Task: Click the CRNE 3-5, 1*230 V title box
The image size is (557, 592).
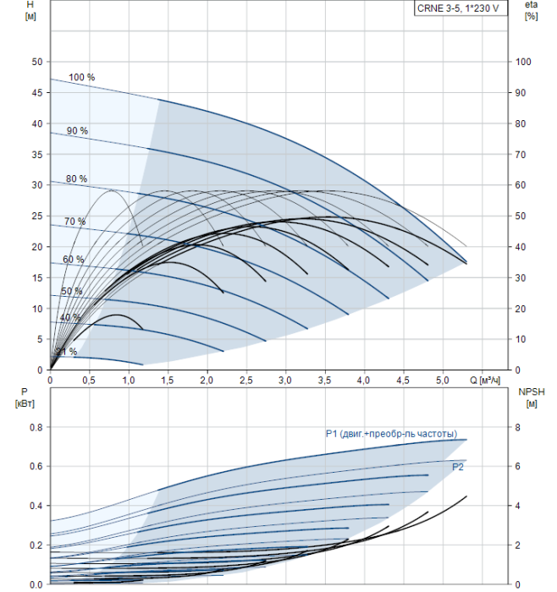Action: [x=460, y=8]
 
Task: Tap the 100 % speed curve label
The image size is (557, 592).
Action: [x=81, y=78]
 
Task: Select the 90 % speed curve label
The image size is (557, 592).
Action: [x=78, y=131]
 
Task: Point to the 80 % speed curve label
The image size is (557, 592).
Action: [x=77, y=178]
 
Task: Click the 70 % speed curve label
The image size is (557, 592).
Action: [x=74, y=222]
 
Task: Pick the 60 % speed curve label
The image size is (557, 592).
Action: [x=74, y=260]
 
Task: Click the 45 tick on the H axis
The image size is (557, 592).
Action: [x=37, y=92]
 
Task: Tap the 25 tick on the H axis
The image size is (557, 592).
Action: [x=37, y=216]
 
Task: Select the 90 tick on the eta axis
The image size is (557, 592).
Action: [x=521, y=92]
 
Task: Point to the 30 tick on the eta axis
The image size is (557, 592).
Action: [x=521, y=277]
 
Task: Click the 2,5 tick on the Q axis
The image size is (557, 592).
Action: [x=246, y=381]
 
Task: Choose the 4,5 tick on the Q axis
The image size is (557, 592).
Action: [x=403, y=381]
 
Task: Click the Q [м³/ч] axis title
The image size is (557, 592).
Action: [x=485, y=381]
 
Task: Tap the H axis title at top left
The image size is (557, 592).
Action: [x=30, y=10]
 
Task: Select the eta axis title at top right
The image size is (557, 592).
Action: [x=531, y=10]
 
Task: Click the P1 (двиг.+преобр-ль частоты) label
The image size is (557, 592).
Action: [x=391, y=434]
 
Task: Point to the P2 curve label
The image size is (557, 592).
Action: [x=458, y=467]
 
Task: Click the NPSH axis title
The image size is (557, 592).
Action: [x=532, y=397]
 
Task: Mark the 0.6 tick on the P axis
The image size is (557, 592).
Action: [x=36, y=466]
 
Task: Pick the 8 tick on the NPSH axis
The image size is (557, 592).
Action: [x=517, y=427]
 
